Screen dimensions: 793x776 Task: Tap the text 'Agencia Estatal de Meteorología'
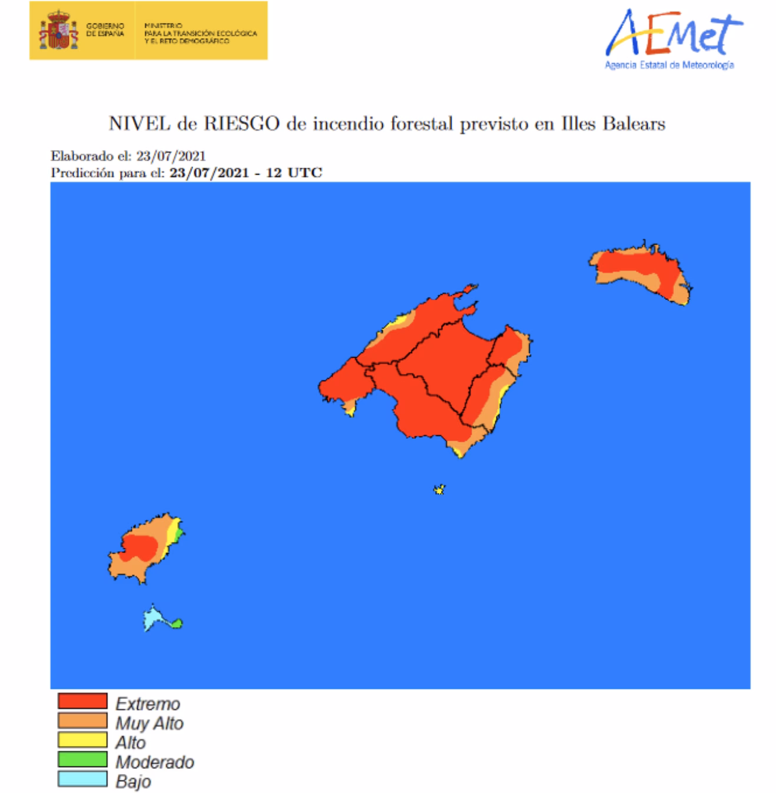[669, 65]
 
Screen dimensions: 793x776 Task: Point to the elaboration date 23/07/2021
[171, 156]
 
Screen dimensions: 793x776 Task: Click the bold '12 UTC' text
[294, 173]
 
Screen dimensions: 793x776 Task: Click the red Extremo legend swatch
[82, 701]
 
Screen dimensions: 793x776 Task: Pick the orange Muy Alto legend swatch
[82, 721]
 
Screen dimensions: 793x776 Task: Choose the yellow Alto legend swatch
[82, 740]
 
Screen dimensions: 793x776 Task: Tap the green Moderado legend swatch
[82, 759]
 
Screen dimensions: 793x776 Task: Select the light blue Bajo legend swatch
[82, 779]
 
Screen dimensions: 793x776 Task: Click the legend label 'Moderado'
[155, 762]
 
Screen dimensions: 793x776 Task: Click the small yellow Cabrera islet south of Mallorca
[439, 489]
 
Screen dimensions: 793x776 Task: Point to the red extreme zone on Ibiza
[140, 547]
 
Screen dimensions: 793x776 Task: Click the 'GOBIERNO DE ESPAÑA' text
[105, 30]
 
